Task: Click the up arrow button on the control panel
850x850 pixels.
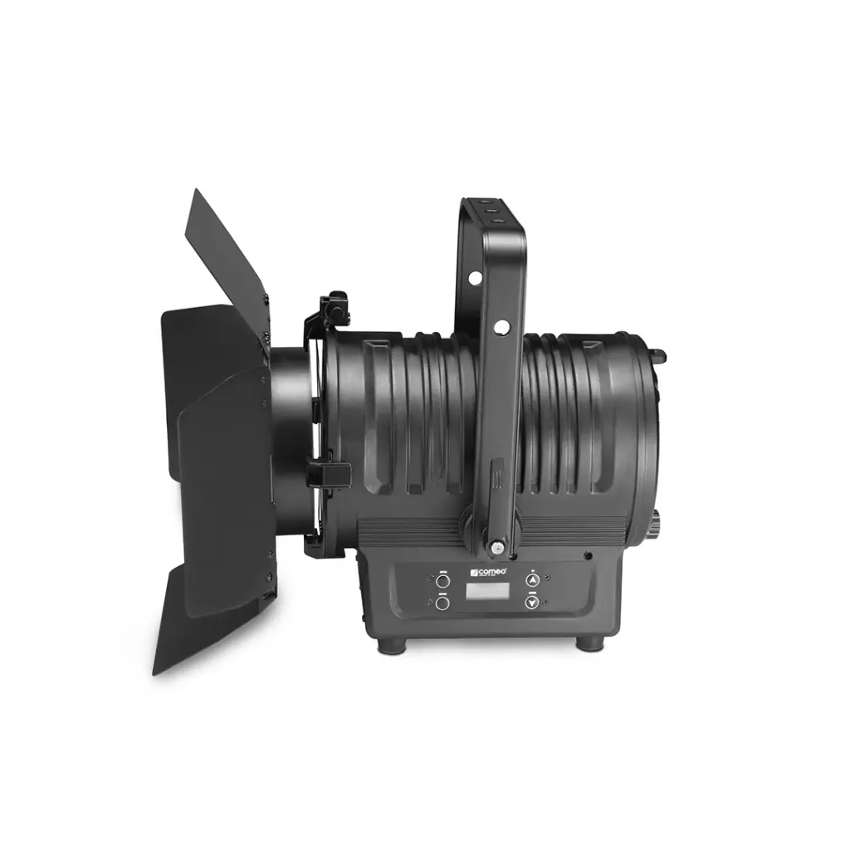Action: pyautogui.click(x=532, y=581)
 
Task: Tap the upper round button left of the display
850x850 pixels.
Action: pyautogui.click(x=442, y=581)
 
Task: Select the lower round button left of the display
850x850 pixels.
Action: pyautogui.click(x=442, y=603)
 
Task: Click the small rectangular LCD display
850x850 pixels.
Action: pyautogui.click(x=487, y=592)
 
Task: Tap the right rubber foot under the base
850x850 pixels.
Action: pyautogui.click(x=589, y=642)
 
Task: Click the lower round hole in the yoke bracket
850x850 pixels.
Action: pyautogui.click(x=501, y=327)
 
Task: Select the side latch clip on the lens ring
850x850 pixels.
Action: pyautogui.click(x=326, y=474)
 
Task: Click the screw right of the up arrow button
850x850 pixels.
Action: pyautogui.click(x=588, y=556)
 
